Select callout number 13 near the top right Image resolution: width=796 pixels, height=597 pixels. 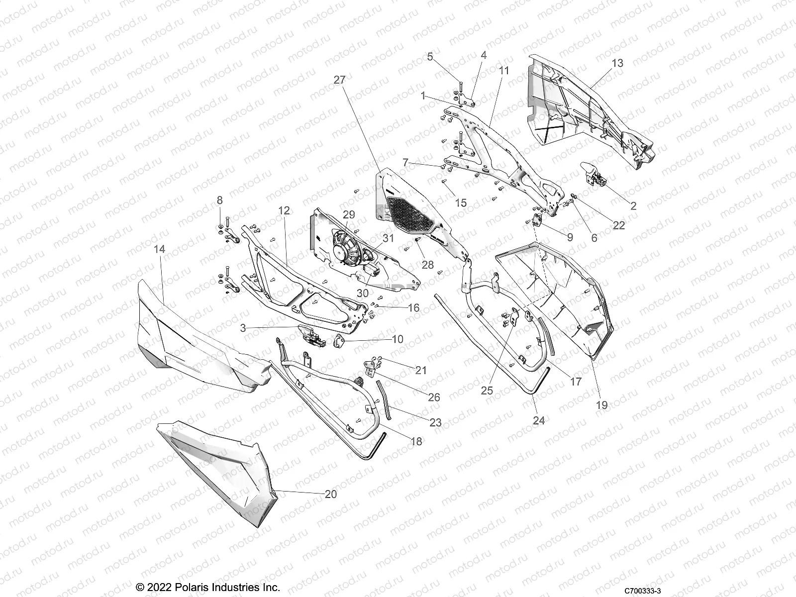[617, 64]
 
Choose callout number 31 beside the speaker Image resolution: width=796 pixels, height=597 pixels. [388, 238]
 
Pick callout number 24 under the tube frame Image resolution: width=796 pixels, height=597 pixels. [539, 420]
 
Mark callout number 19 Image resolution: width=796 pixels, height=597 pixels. [601, 405]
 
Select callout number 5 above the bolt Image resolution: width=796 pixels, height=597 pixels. [430, 57]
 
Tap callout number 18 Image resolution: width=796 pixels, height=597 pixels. [416, 441]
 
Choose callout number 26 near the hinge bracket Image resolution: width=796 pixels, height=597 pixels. [434, 397]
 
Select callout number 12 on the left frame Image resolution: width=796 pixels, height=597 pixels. [284, 210]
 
